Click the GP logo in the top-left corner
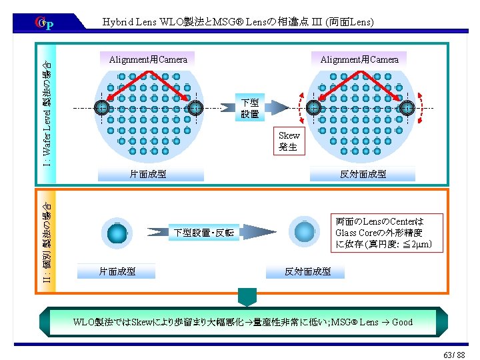tap(44, 24)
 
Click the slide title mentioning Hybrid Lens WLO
tap(238, 22)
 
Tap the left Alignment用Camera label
tap(148, 59)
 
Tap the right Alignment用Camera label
tap(359, 59)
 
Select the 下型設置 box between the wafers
tap(250, 108)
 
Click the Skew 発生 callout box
tap(289, 141)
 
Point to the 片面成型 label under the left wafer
tap(148, 175)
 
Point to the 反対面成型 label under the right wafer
tap(363, 175)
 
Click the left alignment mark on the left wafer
tap(101, 108)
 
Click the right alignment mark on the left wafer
tap(195, 108)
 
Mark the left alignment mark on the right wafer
tap(313, 108)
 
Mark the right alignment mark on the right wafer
tap(407, 108)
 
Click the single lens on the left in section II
tap(117, 233)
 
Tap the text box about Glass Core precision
tap(388, 233)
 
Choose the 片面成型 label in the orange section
tap(117, 271)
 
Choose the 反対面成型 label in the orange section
tap(307, 271)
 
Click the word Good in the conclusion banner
tap(402, 322)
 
